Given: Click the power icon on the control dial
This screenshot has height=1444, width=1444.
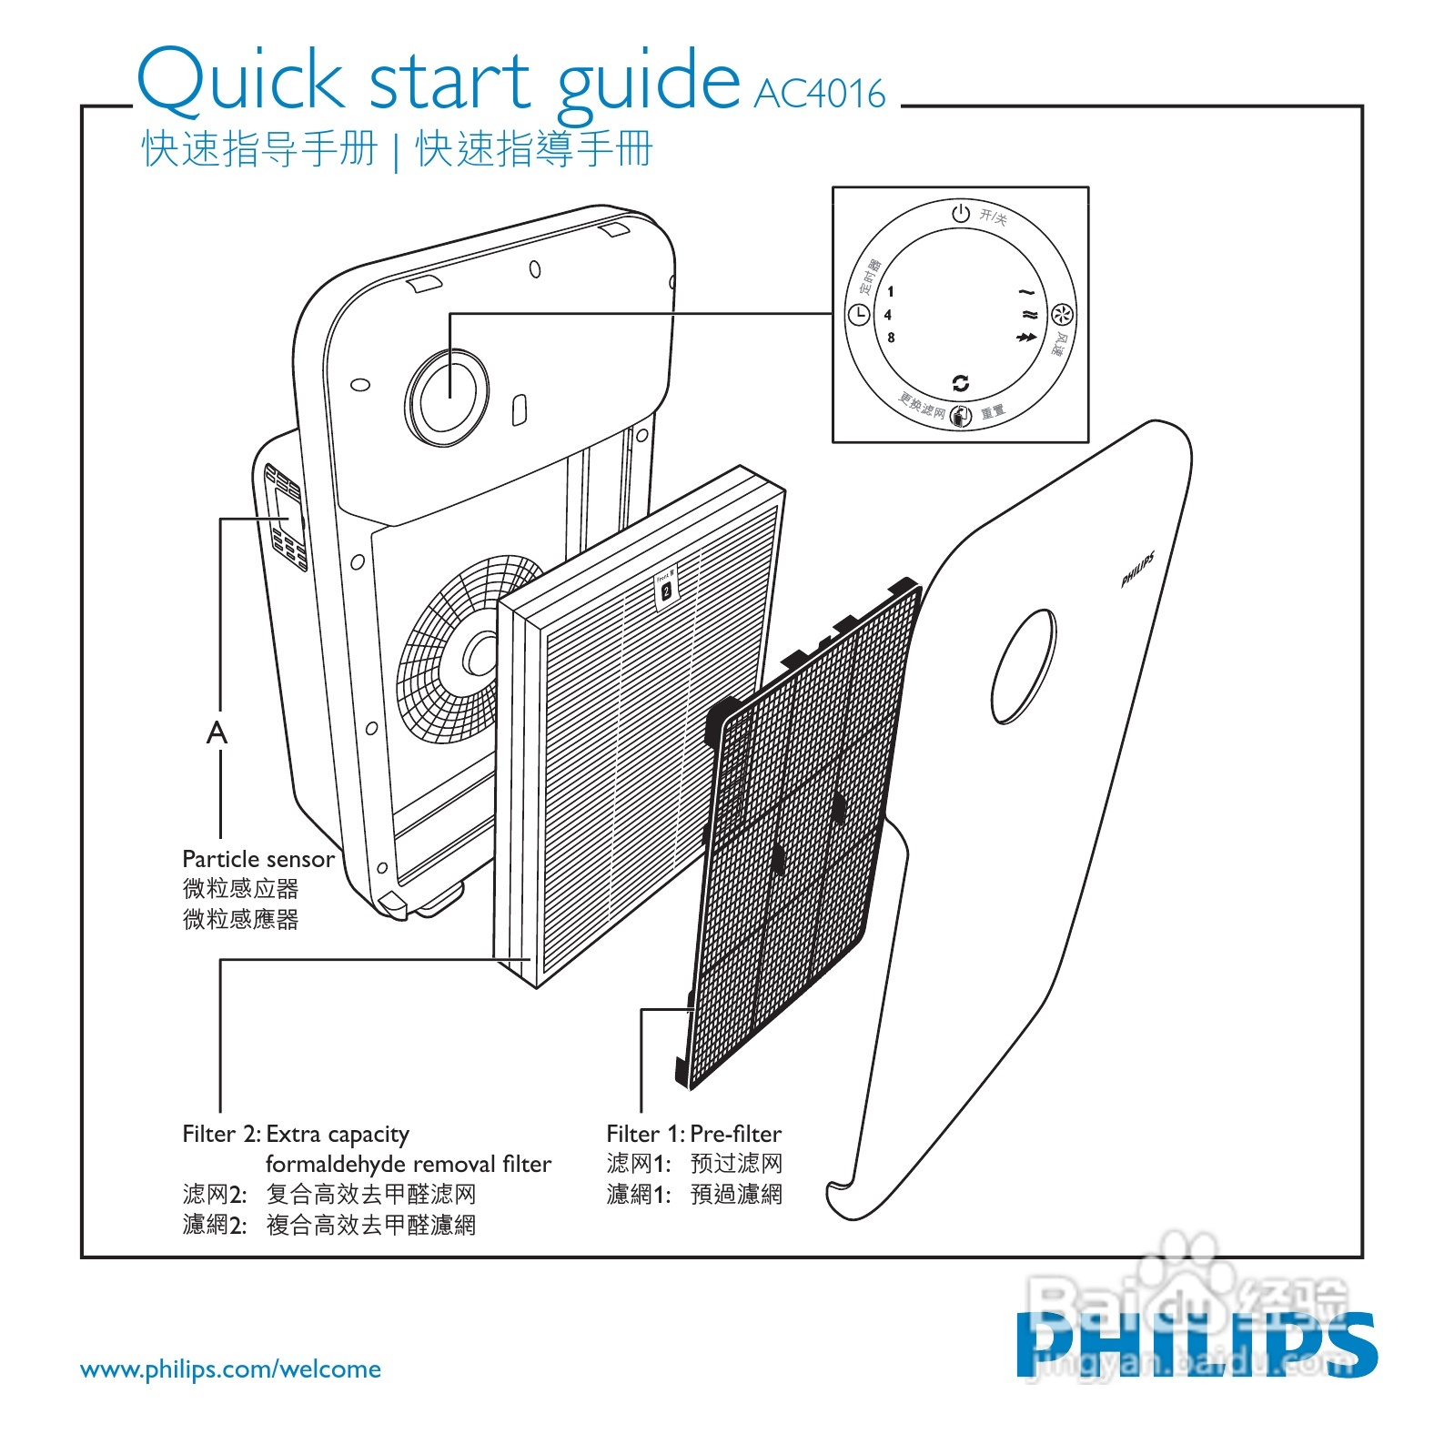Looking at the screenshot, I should (x=961, y=214).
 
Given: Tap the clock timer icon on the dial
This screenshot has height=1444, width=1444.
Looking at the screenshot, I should (x=859, y=315).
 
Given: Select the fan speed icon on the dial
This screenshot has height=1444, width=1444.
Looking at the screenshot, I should (x=1062, y=315).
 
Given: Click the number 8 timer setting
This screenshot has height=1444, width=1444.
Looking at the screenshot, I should (x=891, y=338).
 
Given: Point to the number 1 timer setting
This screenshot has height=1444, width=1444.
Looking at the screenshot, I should (x=891, y=292).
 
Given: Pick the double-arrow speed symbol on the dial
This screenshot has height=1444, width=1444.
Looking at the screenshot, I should (x=1026, y=338).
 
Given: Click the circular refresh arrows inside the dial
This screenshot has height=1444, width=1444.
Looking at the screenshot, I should (x=960, y=383).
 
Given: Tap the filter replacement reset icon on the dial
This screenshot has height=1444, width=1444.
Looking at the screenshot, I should (x=961, y=416).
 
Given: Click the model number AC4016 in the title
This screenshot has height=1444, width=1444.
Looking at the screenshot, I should (x=819, y=94).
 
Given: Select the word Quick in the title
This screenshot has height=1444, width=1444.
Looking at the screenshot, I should (x=238, y=80).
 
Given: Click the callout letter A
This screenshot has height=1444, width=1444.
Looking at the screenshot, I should (x=217, y=732).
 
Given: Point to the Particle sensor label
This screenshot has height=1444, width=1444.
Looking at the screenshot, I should (x=258, y=859).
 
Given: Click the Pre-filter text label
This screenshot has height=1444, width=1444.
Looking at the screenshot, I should (x=735, y=1134).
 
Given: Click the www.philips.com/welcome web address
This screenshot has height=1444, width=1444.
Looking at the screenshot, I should (x=230, y=1369).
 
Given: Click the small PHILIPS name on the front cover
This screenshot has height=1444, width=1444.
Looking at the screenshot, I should (x=1137, y=570).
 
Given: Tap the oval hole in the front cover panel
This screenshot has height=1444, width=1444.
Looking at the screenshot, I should (x=1024, y=666).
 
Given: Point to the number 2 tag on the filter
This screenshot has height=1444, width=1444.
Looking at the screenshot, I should (x=666, y=591).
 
